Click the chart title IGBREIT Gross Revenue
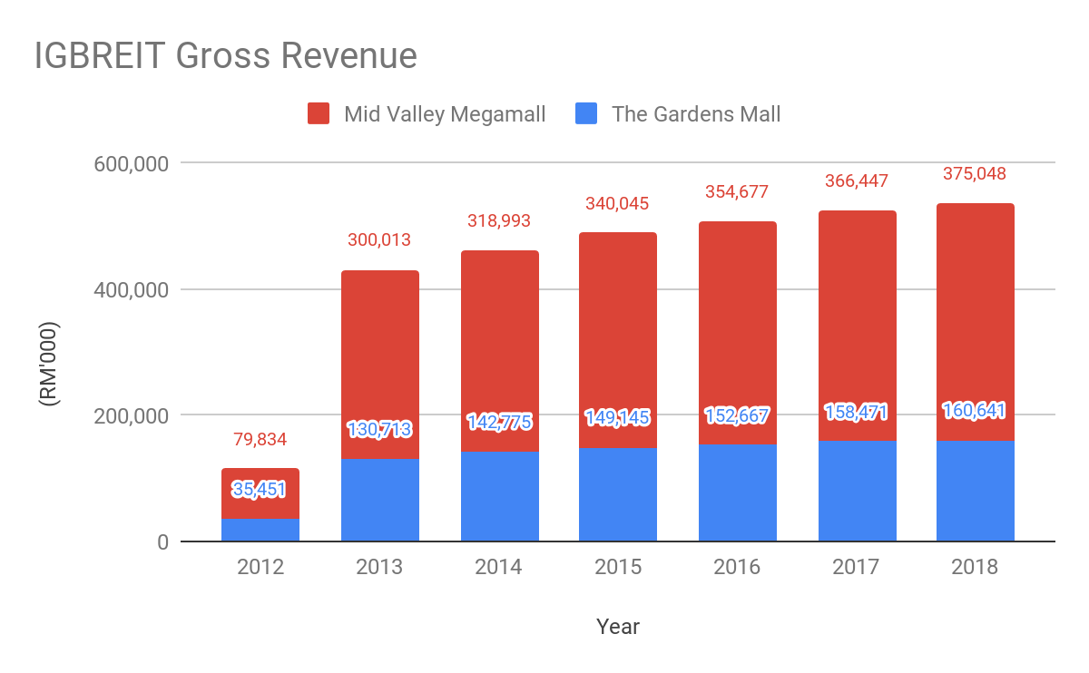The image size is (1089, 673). pos(225,56)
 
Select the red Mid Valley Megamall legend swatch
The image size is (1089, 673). pos(319,114)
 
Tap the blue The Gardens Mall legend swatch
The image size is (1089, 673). pos(587,114)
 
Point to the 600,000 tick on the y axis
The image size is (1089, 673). pos(132,164)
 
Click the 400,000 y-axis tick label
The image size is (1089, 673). pos(132,290)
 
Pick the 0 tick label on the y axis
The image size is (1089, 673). pos(162,542)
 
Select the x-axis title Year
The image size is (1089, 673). pos(618,627)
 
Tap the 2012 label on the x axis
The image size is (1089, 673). pos(260,568)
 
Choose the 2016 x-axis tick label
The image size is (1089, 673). pos(737,568)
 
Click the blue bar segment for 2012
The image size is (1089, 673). pos(260,531)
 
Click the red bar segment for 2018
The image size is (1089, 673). pos(976,299)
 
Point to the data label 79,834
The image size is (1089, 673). pos(260,441)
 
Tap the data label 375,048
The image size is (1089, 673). pos(976,174)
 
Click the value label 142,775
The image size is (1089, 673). pos(499,422)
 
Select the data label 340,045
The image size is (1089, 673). pos(618,204)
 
